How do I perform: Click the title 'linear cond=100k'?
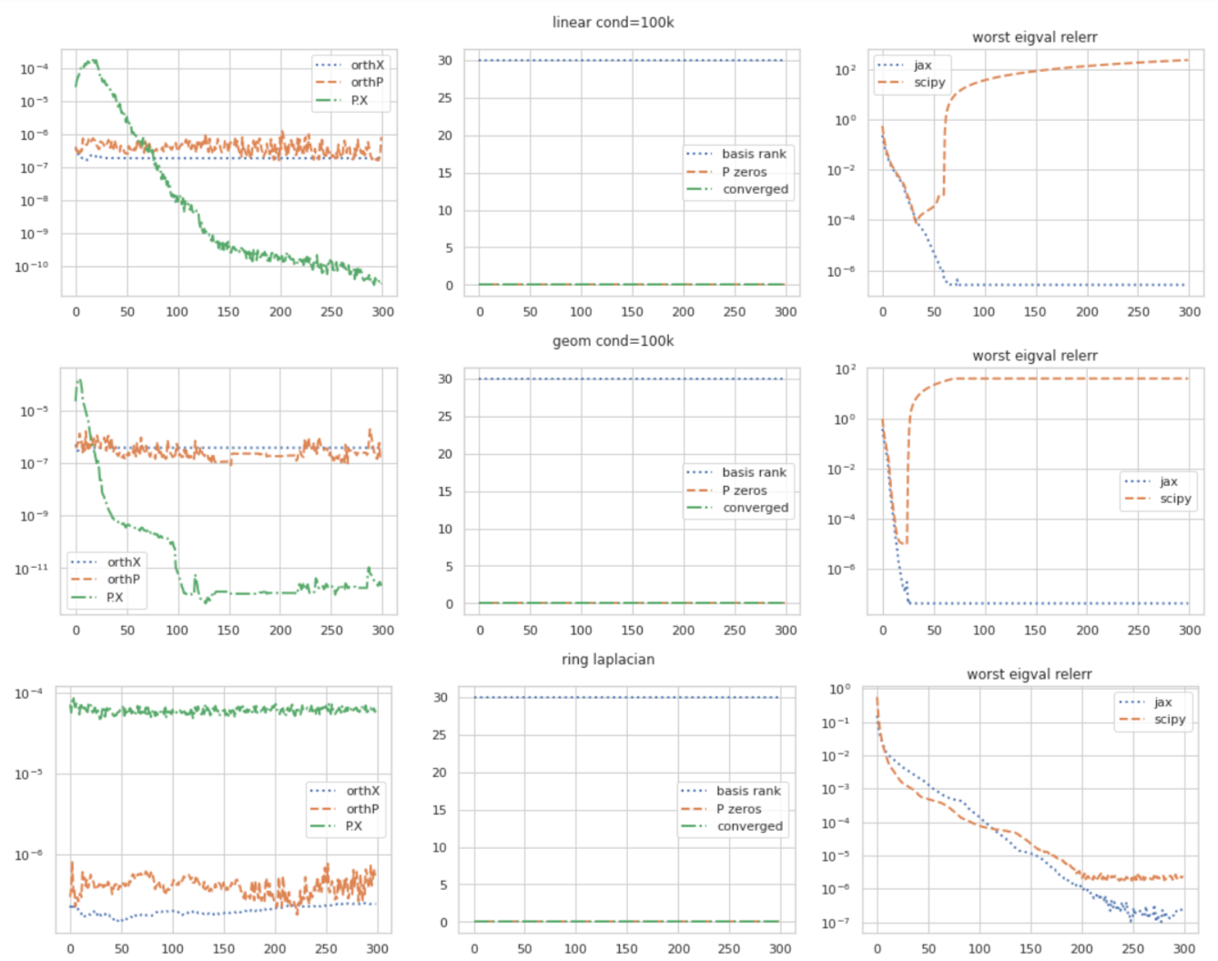tap(613, 23)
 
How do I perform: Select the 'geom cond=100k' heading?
tap(613, 341)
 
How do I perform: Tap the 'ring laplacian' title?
tap(607, 660)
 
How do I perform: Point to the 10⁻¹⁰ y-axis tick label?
tap(32, 267)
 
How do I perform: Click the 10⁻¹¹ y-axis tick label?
tap(32, 569)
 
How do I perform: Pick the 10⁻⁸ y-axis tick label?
tap(35, 200)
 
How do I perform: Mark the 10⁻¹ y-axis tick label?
tap(836, 723)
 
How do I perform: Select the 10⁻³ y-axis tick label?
tap(836, 789)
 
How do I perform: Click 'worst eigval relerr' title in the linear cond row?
tap(1034, 37)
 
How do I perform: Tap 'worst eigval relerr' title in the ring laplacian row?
tap(1029, 674)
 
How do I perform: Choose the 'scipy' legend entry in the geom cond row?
tap(1175, 499)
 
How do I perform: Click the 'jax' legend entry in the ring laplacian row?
tap(1162, 703)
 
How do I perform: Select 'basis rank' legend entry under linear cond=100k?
tap(754, 154)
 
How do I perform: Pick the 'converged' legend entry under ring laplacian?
tap(749, 826)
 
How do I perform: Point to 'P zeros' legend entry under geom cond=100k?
tap(745, 491)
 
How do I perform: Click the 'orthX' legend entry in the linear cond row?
tap(367, 66)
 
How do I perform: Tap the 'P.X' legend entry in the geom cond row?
tap(115, 598)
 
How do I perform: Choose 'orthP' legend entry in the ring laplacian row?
tap(362, 809)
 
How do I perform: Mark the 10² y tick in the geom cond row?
tap(845, 369)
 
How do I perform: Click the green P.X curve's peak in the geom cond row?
tap(80, 380)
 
